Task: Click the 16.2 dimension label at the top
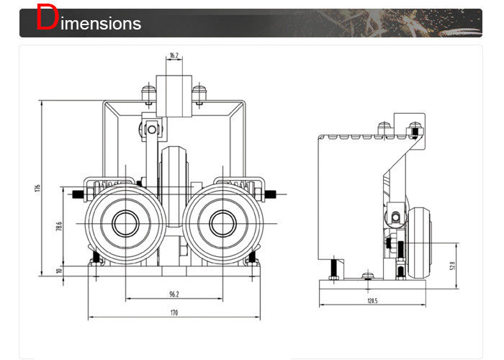(174, 55)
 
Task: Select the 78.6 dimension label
(59, 227)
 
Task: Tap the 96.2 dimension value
(174, 294)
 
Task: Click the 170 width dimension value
(174, 312)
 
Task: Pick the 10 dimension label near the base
(59, 271)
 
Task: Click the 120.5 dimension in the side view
(372, 300)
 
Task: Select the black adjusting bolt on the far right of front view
(271, 194)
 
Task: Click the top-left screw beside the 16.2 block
(149, 92)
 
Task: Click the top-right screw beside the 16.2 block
(199, 92)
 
